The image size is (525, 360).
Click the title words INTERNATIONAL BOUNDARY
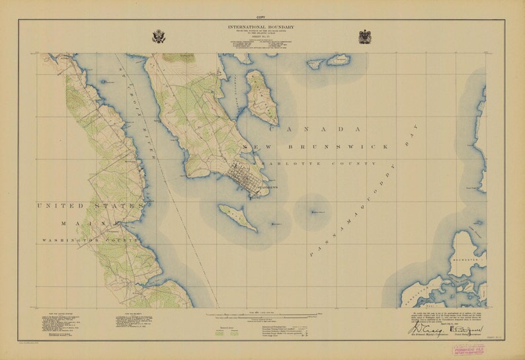pyautogui.click(x=262, y=27)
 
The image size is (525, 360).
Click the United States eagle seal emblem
pyautogui.click(x=158, y=36)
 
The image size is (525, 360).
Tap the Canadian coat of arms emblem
pyautogui.click(x=364, y=36)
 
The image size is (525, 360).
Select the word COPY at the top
pyautogui.click(x=262, y=15)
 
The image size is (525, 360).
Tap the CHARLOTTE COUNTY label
pyautogui.click(x=317, y=163)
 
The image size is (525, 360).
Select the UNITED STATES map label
pyautogui.click(x=89, y=206)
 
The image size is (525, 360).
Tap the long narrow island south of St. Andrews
pyautogui.click(x=237, y=218)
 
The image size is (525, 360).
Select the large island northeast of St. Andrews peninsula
pyautogui.click(x=261, y=97)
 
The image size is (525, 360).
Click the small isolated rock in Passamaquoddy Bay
pyautogui.click(x=313, y=212)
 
